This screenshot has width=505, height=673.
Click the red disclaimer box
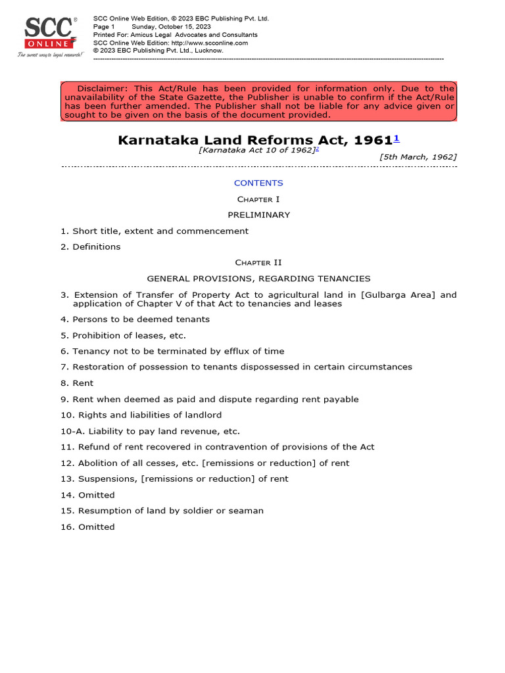click(258, 102)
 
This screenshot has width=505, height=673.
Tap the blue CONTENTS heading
click(258, 183)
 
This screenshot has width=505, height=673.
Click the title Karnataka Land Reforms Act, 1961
click(254, 140)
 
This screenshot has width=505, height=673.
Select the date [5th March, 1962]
click(418, 157)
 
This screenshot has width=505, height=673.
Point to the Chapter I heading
click(258, 199)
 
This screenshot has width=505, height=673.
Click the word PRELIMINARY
click(258, 215)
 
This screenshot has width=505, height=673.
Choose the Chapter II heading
click(258, 263)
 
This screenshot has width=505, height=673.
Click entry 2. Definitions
click(91, 247)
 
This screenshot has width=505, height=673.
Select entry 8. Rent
click(77, 383)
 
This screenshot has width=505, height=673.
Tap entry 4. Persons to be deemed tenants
click(135, 319)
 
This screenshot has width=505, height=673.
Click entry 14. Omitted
click(87, 495)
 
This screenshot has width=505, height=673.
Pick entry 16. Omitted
click(87, 527)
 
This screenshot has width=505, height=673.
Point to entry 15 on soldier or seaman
click(162, 511)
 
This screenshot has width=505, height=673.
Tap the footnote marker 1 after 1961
click(397, 139)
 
